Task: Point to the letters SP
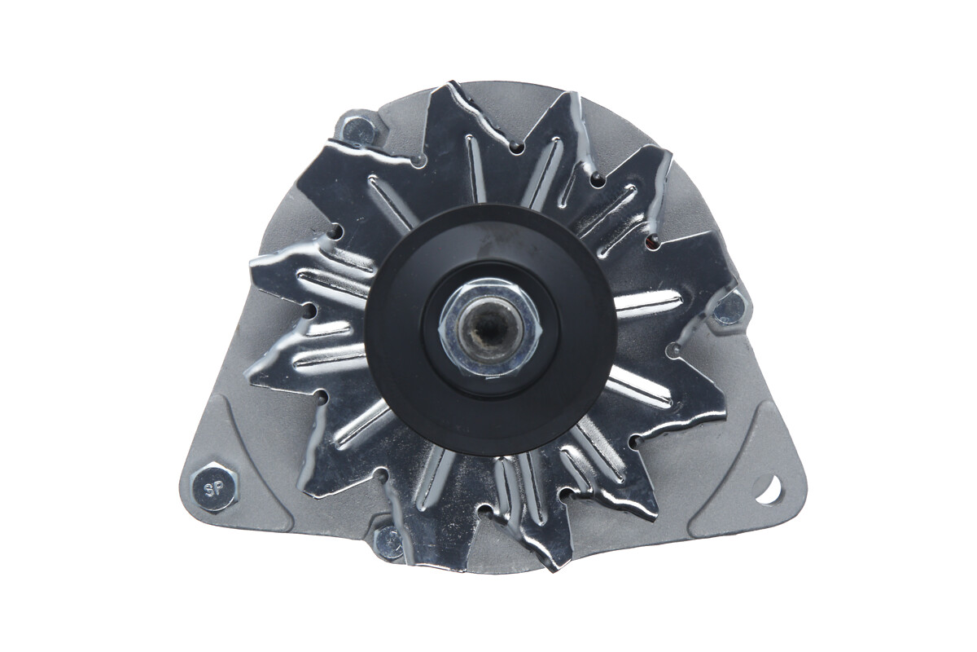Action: [214, 489]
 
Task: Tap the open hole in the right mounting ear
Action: [768, 489]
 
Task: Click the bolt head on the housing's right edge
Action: [729, 307]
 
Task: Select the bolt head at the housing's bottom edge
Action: [388, 542]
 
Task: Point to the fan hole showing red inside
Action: [652, 241]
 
